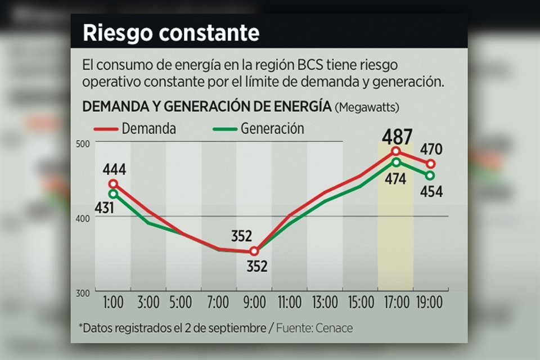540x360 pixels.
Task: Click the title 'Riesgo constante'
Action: point(171,33)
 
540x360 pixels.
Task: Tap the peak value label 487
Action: point(397,137)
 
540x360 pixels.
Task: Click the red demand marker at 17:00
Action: point(396,151)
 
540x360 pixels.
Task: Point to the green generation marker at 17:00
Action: point(396,162)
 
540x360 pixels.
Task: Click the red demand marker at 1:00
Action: point(114,184)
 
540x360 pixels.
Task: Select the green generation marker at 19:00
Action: point(430,175)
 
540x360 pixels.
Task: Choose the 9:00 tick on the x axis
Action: point(254,303)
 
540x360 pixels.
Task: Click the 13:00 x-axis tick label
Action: point(325,303)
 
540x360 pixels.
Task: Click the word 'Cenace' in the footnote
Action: point(334,328)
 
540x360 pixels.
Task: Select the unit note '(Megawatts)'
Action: point(369,107)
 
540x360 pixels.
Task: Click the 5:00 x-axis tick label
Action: point(183,303)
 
